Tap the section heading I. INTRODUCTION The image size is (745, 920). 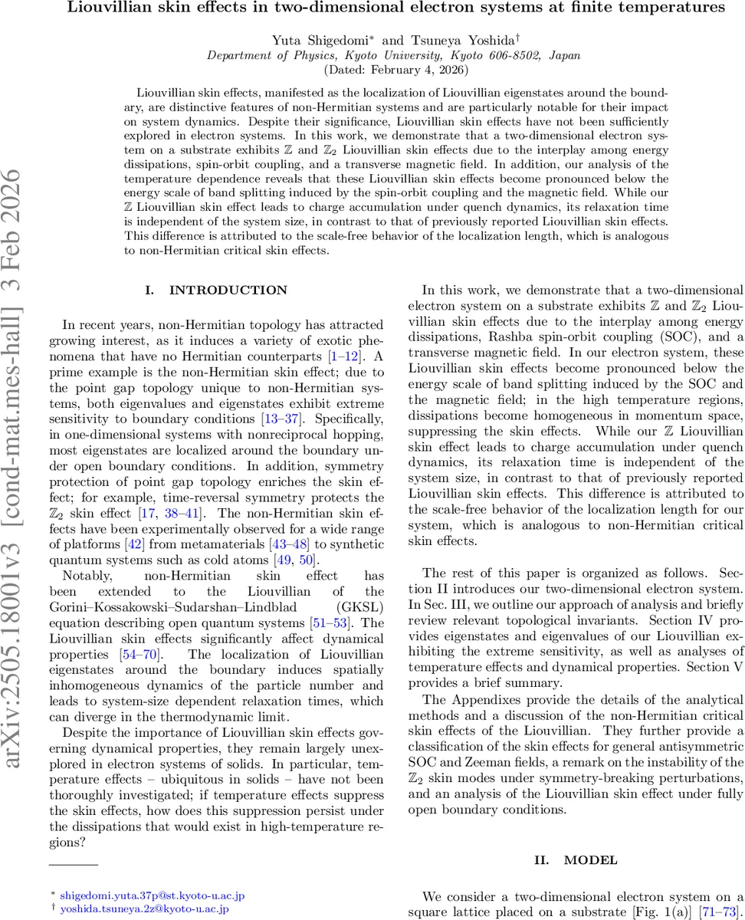[216, 290]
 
